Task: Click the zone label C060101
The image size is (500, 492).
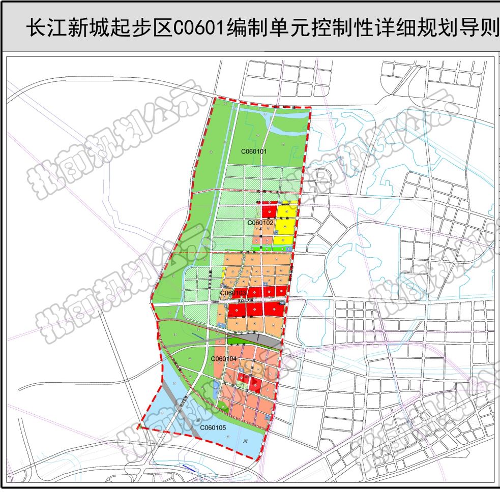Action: [254, 151]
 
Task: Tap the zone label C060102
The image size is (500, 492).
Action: [261, 223]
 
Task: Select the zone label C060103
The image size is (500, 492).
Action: [233, 293]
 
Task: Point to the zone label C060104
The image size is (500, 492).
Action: [224, 359]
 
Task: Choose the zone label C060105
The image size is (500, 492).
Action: [213, 428]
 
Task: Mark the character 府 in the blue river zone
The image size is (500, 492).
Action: [198, 420]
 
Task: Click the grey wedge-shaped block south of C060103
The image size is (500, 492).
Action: [254, 337]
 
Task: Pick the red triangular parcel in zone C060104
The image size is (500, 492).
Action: [257, 385]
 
